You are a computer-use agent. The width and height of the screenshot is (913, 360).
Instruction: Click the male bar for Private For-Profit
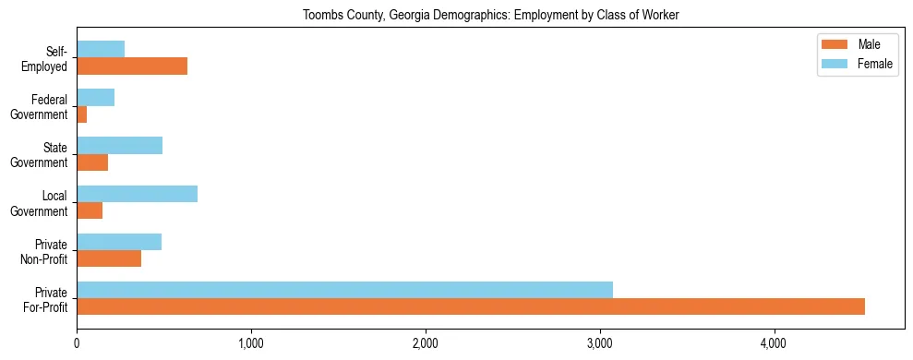click(x=471, y=306)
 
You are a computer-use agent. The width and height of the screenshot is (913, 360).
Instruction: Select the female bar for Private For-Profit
click(x=344, y=290)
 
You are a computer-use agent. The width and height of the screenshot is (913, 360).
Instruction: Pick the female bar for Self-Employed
click(x=101, y=49)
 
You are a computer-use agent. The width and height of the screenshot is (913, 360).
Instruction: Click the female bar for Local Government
click(x=137, y=194)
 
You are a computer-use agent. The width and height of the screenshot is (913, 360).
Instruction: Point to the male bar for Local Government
click(x=90, y=210)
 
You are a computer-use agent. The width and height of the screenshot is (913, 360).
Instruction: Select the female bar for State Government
click(x=119, y=146)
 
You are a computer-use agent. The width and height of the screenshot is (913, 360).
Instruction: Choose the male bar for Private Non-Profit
click(x=109, y=258)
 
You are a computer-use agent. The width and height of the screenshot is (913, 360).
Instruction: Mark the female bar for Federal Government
click(x=95, y=97)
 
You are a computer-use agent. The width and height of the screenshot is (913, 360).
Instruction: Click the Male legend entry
click(x=868, y=44)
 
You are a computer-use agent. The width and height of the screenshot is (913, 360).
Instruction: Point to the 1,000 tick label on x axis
click(x=251, y=344)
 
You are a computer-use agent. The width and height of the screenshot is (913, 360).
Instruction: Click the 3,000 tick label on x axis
click(x=600, y=344)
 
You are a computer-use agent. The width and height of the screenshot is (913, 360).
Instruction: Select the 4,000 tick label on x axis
click(x=774, y=344)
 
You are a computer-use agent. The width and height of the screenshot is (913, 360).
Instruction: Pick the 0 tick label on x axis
click(x=77, y=344)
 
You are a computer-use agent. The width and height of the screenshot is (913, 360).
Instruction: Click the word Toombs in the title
click(x=319, y=15)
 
